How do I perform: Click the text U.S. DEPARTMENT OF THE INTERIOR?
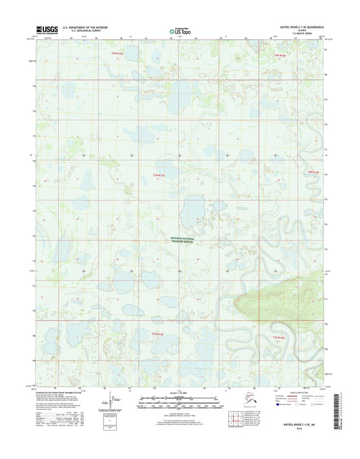pos(86,28)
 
